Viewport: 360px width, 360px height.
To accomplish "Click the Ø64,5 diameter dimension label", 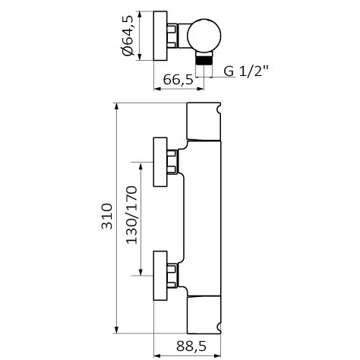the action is [128, 36].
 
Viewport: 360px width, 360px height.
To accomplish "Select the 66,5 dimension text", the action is [178, 80].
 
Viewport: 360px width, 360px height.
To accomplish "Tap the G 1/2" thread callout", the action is [245, 71].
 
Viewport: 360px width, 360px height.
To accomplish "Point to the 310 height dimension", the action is [106, 216].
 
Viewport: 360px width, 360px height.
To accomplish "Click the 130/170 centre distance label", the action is [131, 215].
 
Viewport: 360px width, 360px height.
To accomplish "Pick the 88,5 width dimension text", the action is [191, 346].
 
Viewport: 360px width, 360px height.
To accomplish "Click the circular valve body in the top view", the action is [204, 36].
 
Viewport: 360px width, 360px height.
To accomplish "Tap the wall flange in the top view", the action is [160, 36].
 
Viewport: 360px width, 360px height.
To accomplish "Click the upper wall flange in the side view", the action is [160, 162].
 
